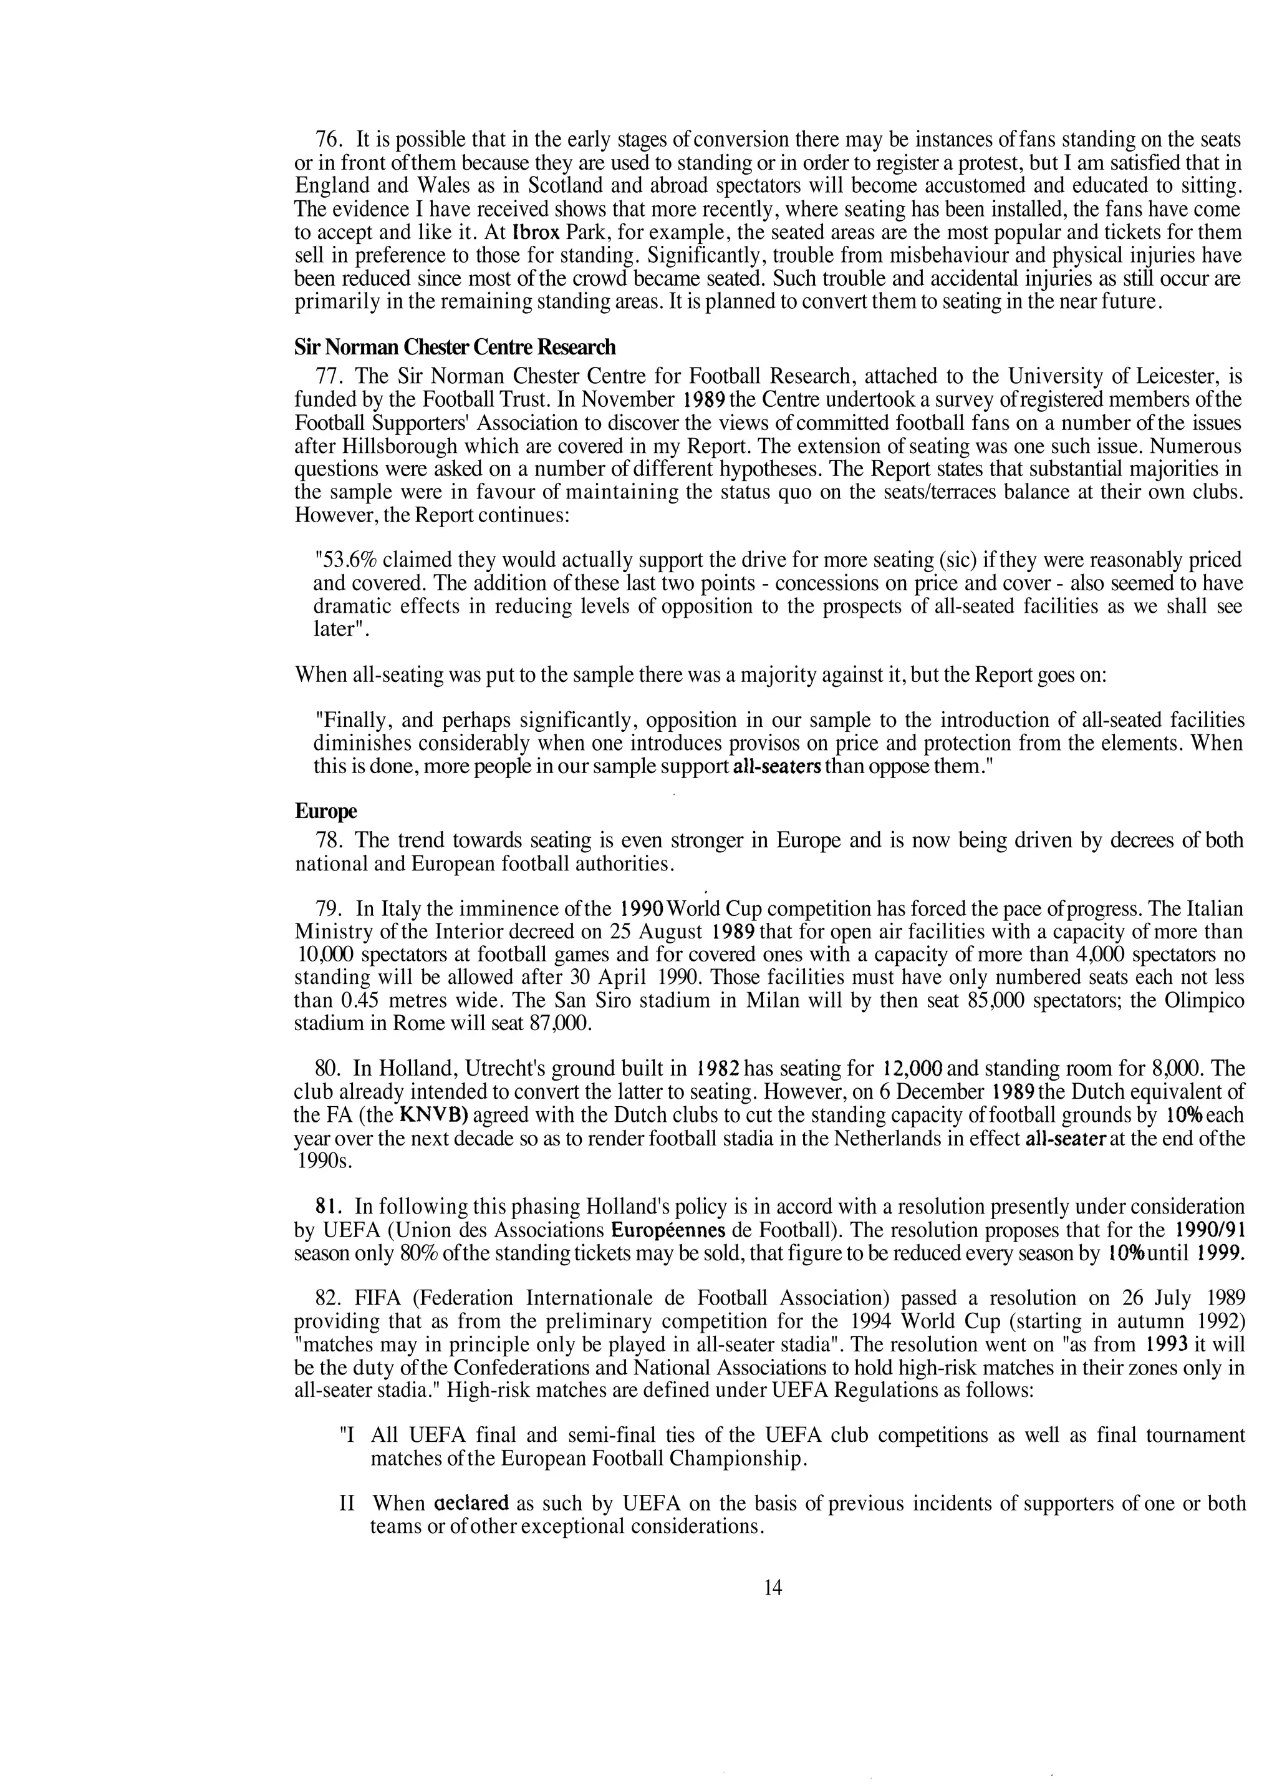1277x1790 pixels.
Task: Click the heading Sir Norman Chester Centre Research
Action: [455, 347]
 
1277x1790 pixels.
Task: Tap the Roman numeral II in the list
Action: [347, 1504]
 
